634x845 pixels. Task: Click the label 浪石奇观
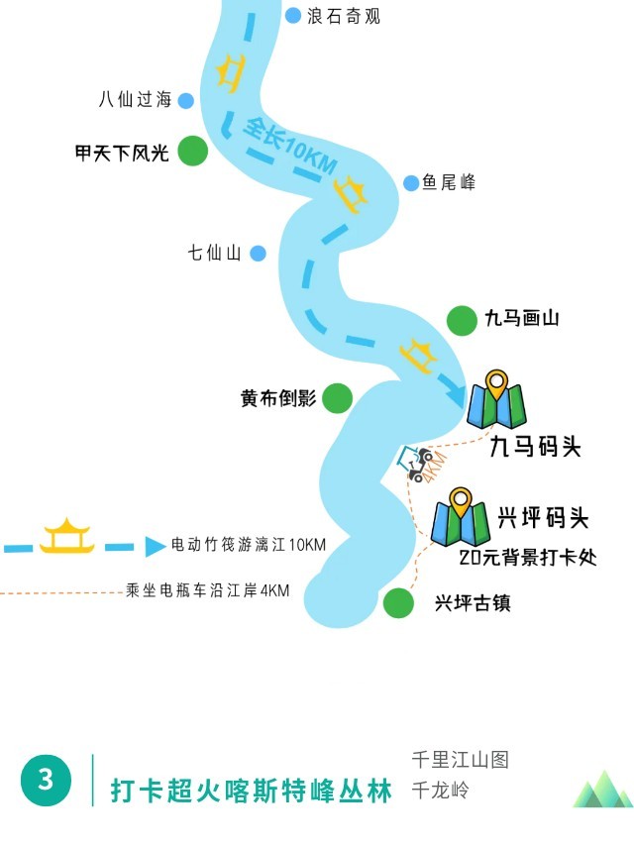344,16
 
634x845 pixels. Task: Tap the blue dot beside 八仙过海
185,99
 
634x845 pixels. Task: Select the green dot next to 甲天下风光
192,153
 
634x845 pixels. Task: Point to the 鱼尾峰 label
449,182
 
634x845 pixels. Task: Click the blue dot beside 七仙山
258,254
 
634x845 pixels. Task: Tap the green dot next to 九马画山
462,320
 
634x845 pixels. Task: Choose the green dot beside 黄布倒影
338,398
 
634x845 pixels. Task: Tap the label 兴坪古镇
473,602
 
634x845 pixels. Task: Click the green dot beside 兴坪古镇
398,602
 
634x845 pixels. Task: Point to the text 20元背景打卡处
528,557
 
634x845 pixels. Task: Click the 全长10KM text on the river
287,150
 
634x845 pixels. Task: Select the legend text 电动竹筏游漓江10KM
248,545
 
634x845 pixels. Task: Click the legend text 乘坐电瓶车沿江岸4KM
208,590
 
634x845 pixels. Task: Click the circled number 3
46,780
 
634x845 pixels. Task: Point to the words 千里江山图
460,761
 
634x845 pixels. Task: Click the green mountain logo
601,790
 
